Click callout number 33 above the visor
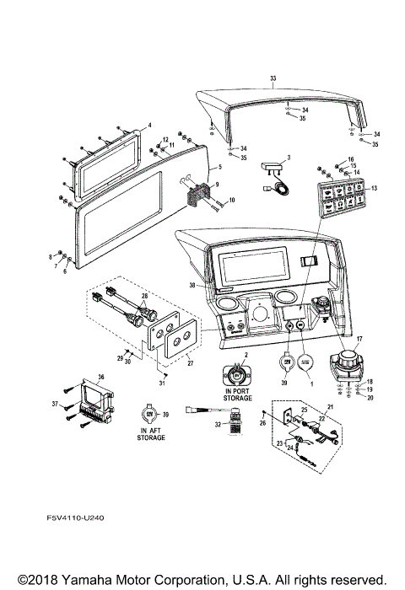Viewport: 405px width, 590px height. (x=273, y=78)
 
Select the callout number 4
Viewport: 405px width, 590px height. (x=149, y=126)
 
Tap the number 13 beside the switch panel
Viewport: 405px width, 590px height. (x=375, y=188)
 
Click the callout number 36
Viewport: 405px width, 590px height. (x=102, y=377)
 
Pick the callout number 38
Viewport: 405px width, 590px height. (x=192, y=286)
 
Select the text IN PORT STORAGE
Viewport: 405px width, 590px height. (x=237, y=397)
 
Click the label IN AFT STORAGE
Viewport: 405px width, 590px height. (x=147, y=433)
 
